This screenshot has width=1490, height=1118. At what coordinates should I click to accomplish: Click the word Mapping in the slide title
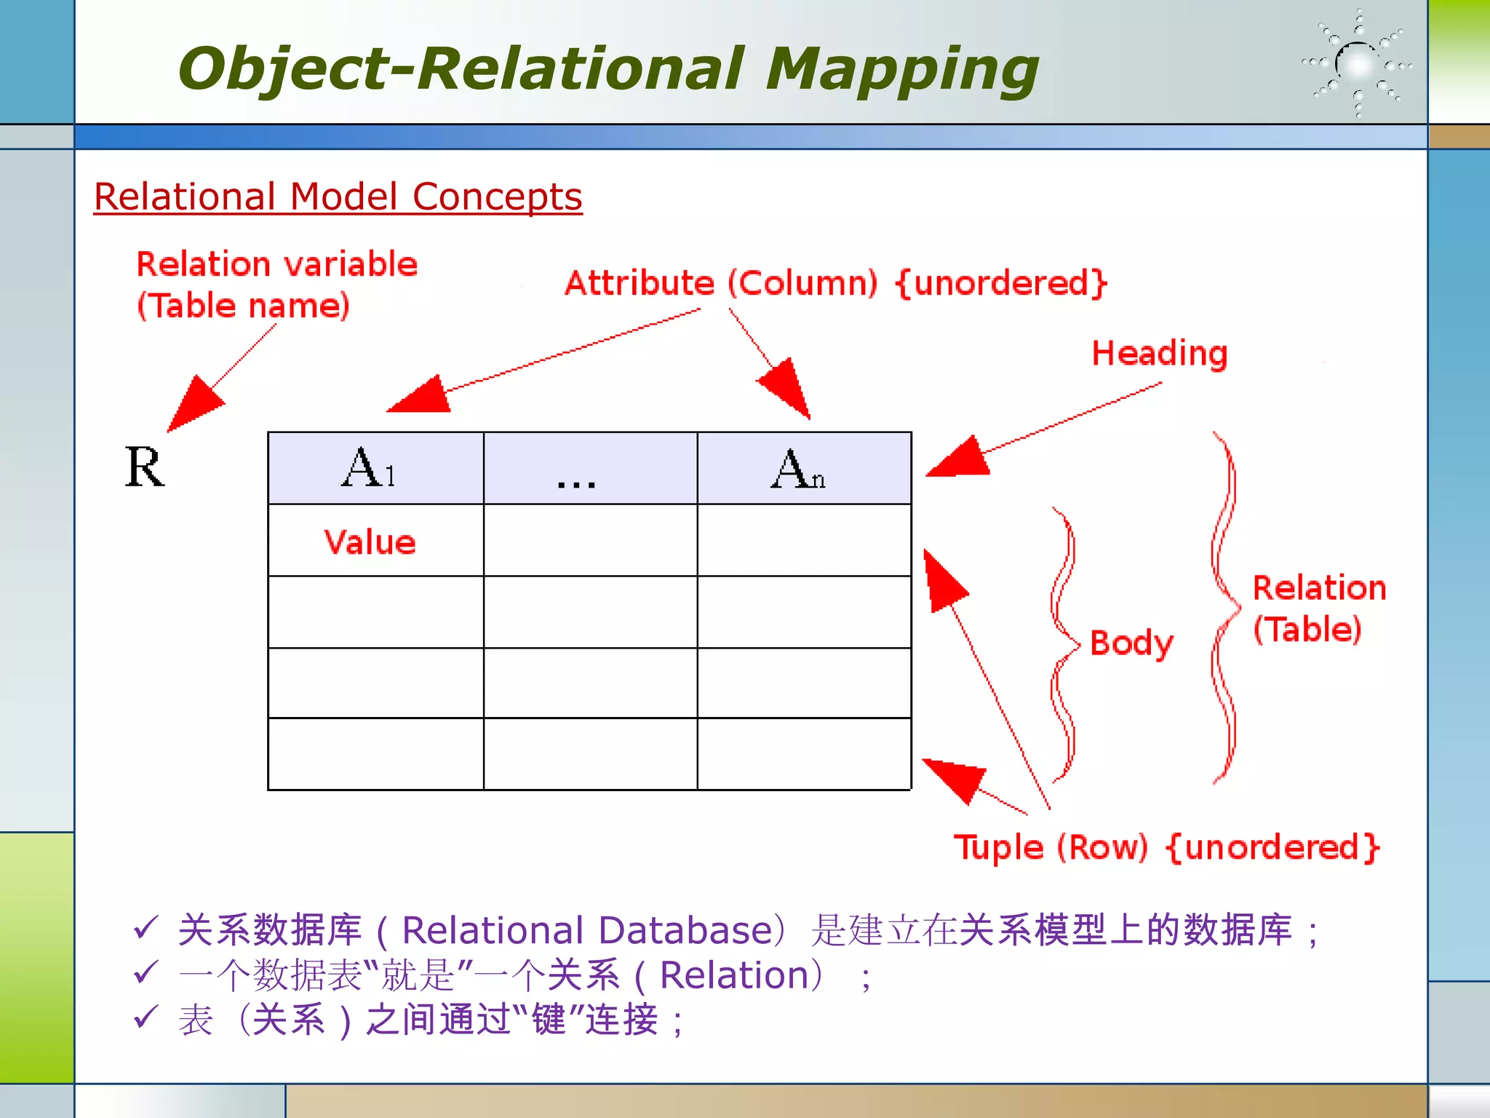pos(902,69)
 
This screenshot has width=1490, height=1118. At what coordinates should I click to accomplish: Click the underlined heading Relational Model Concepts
pos(338,197)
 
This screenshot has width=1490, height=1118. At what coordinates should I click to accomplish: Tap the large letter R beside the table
pos(145,467)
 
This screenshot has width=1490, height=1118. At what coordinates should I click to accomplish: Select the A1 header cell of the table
pos(375,468)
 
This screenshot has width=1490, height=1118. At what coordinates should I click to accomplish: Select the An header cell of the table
pos(803,468)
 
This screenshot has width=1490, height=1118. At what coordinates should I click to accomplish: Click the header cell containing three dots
pos(590,468)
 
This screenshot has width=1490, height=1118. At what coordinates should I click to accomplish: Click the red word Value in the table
pos(370,542)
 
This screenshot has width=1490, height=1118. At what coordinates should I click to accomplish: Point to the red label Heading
pos(1160,354)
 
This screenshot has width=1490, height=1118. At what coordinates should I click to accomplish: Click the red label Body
pos(1132,643)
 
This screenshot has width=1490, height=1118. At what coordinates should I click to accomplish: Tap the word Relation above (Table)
pos(1319,588)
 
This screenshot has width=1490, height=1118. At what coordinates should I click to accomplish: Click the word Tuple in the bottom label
pos(998,848)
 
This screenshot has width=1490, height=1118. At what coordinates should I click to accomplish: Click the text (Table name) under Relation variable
pos(244,306)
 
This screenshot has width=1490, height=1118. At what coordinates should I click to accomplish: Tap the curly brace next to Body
pos(1064,645)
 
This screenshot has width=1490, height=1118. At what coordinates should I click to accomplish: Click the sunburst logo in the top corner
pos(1358,64)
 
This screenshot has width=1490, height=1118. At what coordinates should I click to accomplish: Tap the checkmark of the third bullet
pos(146,1017)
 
